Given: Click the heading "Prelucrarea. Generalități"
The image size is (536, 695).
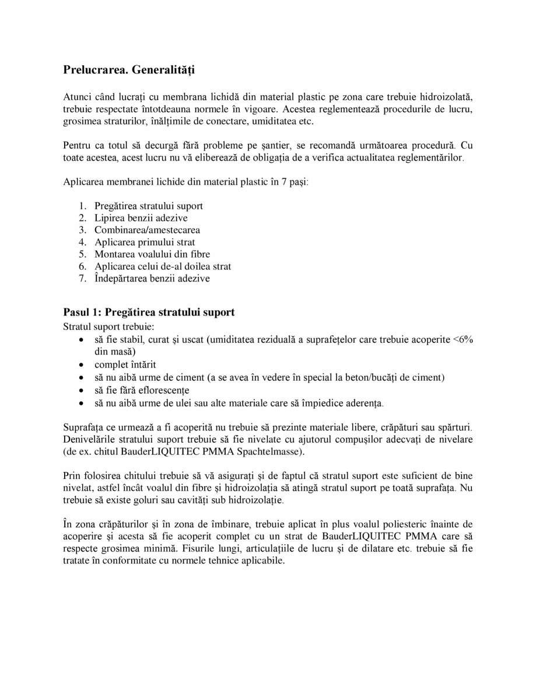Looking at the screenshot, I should (128, 71).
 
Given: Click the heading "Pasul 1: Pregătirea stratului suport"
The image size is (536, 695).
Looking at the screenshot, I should (149, 312).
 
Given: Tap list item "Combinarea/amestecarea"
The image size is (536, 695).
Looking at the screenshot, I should (147, 230).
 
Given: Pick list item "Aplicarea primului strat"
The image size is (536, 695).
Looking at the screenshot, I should (145, 242).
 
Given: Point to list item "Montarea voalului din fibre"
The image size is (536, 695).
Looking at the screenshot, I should (152, 254).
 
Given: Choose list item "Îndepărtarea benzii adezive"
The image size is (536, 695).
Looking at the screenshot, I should (152, 279).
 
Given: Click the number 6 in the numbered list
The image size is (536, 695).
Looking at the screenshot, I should (82, 266).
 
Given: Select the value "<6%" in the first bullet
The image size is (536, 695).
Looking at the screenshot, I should (463, 340).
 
